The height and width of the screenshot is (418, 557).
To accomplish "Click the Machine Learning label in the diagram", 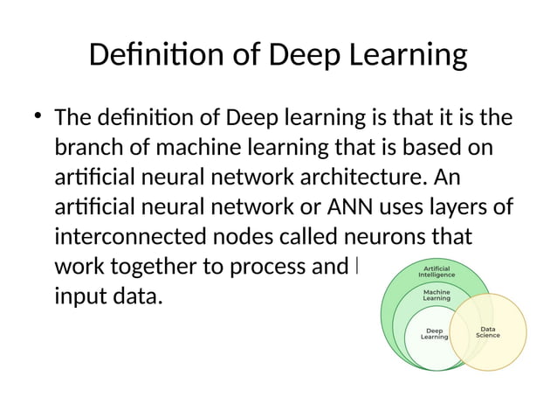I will (436, 295).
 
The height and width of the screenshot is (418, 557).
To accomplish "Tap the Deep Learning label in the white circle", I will (434, 333).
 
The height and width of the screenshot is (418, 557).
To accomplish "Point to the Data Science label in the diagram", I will (488, 332).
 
